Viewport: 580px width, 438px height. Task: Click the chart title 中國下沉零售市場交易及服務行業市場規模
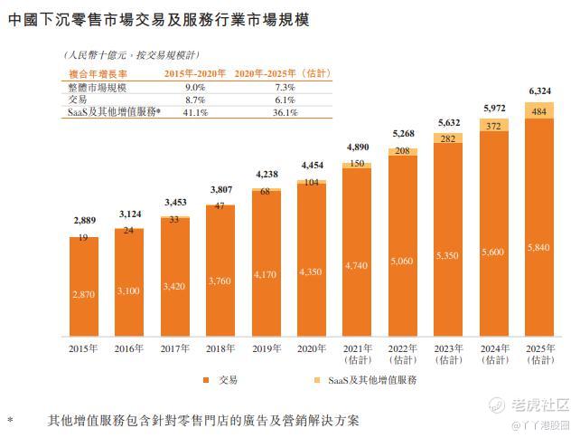click(158, 19)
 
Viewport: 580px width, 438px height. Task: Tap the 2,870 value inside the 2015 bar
click(84, 295)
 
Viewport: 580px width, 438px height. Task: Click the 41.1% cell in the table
click(196, 113)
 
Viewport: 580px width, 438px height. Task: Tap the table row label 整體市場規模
click(98, 88)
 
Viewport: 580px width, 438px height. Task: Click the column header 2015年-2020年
click(195, 73)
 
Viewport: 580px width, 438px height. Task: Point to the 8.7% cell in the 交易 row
click(196, 100)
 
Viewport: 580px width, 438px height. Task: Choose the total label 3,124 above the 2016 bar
click(128, 214)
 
